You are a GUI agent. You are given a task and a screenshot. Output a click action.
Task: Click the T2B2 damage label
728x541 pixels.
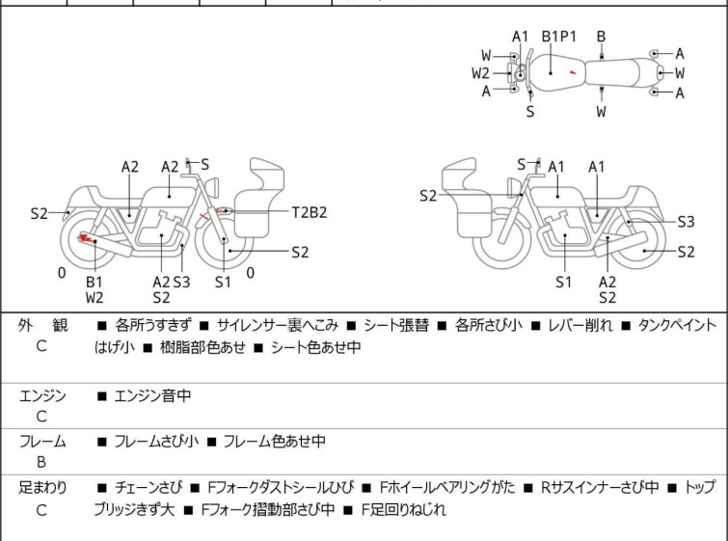point(310,212)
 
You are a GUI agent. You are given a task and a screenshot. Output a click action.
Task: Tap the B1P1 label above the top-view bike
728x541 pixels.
point(558,37)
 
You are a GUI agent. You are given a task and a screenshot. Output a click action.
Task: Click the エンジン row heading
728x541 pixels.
point(41,395)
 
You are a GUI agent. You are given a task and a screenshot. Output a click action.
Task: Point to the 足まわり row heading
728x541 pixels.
point(41,488)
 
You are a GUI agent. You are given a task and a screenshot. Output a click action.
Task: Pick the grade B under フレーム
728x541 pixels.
point(41,462)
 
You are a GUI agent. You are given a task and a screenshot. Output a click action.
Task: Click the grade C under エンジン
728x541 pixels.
point(41,417)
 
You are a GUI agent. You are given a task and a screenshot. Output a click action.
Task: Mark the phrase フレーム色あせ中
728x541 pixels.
point(274,442)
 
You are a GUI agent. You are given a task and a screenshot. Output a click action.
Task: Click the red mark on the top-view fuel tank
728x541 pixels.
point(573,72)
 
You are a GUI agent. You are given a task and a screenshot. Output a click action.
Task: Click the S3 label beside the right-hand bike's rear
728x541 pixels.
point(686,221)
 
